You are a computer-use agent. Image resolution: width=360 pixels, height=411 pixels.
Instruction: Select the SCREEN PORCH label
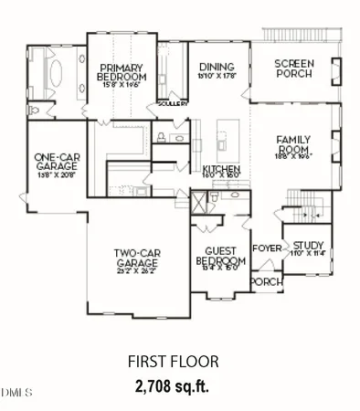click(293, 68)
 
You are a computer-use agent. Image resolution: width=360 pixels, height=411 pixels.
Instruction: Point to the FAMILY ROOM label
click(294, 144)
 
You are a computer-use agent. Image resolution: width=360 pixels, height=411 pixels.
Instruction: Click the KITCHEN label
click(220, 170)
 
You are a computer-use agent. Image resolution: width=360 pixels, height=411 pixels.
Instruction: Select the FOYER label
click(266, 248)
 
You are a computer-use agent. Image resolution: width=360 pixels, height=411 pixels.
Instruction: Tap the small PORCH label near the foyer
click(266, 281)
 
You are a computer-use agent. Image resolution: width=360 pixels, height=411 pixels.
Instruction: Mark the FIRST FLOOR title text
click(179, 362)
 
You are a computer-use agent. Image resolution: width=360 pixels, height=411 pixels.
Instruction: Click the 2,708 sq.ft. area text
click(179, 382)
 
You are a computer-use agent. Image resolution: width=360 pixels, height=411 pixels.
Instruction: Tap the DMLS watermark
click(16, 392)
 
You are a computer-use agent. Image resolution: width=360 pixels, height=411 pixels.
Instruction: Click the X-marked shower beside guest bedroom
click(198, 200)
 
